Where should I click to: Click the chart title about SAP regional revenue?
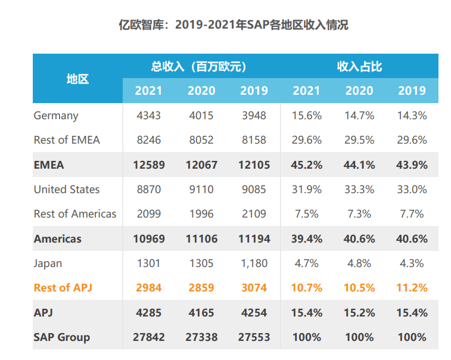(225, 25)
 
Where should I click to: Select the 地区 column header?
(77, 78)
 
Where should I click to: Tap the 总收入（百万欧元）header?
(201, 66)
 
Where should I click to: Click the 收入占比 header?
(359, 66)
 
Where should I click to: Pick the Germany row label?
(55, 116)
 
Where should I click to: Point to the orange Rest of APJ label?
(63, 287)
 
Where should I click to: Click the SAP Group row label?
(61, 337)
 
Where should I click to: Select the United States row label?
(66, 190)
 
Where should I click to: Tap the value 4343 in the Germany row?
(148, 116)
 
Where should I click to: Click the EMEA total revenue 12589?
(148, 165)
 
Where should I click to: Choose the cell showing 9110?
(201, 190)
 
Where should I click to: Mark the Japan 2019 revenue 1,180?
(254, 263)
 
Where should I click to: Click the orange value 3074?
(254, 287)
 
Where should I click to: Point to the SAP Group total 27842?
(148, 337)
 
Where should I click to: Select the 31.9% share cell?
(307, 190)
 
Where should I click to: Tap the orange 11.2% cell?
(412, 287)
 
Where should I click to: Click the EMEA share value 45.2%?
(307, 165)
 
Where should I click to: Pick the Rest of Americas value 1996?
(201, 214)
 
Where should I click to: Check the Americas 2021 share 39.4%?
(307, 239)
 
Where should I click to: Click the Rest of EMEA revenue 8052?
(201, 140)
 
